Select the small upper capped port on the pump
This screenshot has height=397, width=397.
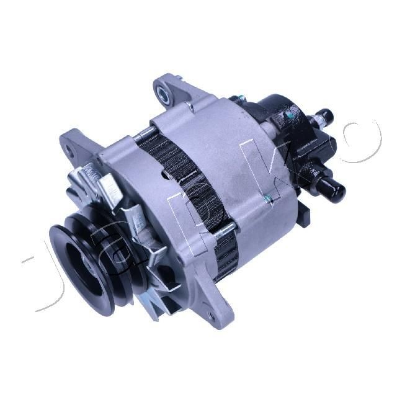pyautogui.click(x=326, y=115)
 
